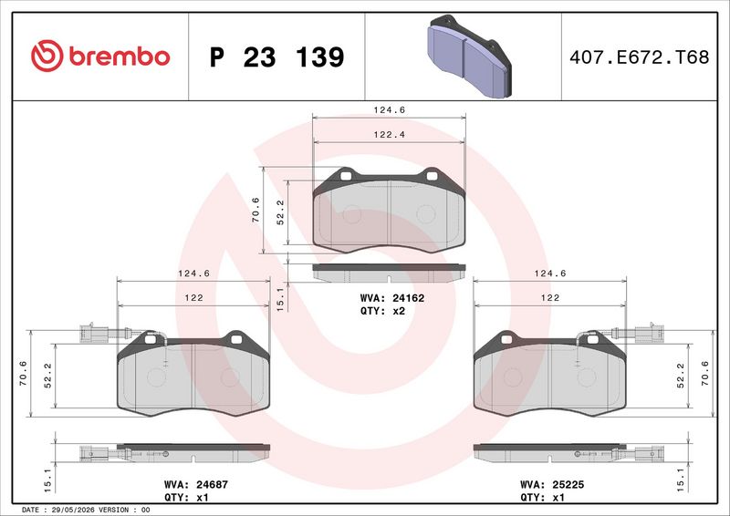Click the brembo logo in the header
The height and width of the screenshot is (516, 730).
coord(100,56)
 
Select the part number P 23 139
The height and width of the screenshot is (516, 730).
coord(277,57)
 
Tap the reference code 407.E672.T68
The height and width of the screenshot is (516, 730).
coord(640,57)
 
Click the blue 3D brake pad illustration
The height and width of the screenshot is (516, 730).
coord(469,57)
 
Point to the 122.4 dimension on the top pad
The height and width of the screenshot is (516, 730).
coord(390,135)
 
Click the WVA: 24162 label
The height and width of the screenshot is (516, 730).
coord(392,298)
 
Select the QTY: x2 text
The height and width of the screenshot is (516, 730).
coord(382,311)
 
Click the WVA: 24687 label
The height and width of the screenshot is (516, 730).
coord(196,484)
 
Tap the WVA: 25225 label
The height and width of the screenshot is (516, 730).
coord(552,484)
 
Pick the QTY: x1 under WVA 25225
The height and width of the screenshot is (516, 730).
coord(542,498)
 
